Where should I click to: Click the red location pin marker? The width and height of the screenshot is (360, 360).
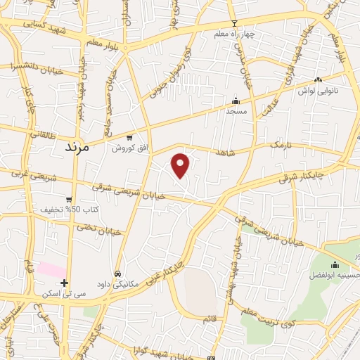click(x=181, y=165)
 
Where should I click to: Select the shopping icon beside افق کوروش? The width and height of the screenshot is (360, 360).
click(x=129, y=138)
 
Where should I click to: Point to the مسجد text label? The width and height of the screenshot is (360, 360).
click(x=235, y=111)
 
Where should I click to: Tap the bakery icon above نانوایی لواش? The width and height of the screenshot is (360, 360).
click(x=319, y=80)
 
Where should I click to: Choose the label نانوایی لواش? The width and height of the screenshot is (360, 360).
click(x=318, y=91)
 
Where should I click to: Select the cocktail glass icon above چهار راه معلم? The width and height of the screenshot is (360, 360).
click(x=235, y=22)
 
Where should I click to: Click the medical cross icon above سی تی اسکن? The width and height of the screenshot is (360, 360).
click(x=64, y=283)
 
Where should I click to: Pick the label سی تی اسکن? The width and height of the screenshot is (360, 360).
click(x=64, y=293)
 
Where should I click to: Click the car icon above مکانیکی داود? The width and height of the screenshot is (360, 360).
click(x=117, y=274)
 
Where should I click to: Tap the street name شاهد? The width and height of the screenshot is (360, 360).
click(x=226, y=152)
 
